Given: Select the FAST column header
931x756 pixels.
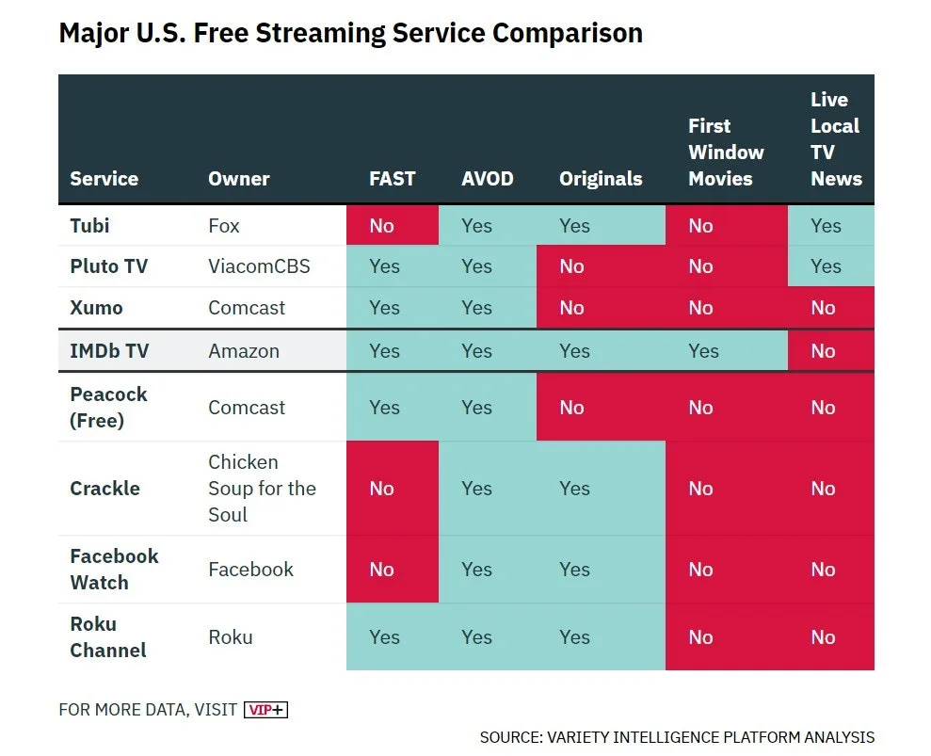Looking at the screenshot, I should coord(392,179).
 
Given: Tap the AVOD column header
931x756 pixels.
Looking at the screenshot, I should coord(488,179).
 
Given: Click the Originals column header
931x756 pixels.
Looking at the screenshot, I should coord(601,179).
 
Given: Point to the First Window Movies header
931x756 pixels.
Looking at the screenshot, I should coord(726,153).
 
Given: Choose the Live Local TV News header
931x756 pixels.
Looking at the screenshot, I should coord(836,139).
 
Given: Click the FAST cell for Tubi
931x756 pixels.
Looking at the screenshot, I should coord(382,226).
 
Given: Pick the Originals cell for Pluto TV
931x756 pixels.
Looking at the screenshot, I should coord(572,266).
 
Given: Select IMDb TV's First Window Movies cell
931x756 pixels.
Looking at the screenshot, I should coord(703,351).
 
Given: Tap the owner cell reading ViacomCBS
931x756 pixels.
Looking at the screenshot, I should coord(260,266).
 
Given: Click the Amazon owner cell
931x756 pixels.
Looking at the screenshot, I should coord(244,351).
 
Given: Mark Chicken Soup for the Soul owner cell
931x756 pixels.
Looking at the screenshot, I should coord(262,489).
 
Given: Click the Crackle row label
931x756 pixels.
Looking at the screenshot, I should coord(104,489).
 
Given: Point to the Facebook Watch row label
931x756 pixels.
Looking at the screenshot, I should coord(114,570).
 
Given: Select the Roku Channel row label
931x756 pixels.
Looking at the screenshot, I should coord(108,637).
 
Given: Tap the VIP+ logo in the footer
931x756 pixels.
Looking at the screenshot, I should coord(265,710).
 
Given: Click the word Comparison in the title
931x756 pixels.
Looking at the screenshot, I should coord(568,33).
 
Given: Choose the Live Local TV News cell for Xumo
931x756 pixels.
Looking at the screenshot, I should coord(823,308).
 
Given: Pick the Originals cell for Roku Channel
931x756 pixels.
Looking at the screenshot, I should coord(574,637).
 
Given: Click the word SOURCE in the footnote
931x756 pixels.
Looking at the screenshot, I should coord(509,737).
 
